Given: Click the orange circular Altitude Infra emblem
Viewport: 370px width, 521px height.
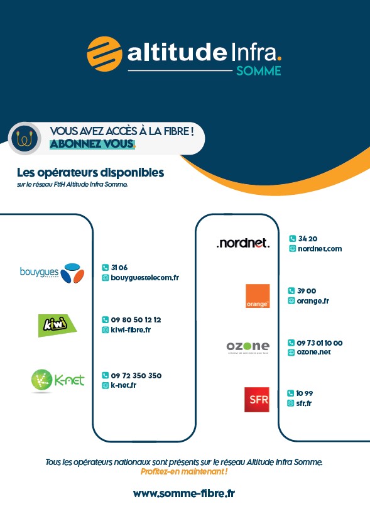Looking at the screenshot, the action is (x=104, y=54).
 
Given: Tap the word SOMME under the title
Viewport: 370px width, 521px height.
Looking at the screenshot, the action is (x=259, y=71).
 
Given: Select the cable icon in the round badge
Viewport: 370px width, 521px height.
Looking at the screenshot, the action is (x=24, y=138).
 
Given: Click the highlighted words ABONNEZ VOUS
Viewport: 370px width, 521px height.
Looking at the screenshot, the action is (x=92, y=144).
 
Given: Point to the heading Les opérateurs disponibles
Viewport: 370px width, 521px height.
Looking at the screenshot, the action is (x=90, y=172).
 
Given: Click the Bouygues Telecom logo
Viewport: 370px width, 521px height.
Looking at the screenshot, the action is (x=52, y=273).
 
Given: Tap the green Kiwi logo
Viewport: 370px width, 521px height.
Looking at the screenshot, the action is (x=57, y=326).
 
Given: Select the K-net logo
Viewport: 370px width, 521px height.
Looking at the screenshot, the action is (x=58, y=380).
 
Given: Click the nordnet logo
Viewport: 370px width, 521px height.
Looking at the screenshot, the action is (x=243, y=243).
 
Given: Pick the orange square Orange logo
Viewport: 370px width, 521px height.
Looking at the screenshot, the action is (x=258, y=296).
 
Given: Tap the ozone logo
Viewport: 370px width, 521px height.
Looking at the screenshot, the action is (x=248, y=347).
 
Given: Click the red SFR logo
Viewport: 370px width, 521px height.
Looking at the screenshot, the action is (x=257, y=399).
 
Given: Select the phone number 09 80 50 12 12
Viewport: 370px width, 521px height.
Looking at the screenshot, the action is (x=136, y=320).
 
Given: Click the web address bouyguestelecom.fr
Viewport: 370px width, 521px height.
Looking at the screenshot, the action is (x=145, y=277).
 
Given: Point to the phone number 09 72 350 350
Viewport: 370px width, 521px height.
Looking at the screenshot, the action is (x=136, y=375).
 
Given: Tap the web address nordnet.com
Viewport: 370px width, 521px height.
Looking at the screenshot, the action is (x=320, y=248).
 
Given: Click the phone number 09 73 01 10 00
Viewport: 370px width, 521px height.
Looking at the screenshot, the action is (x=320, y=343).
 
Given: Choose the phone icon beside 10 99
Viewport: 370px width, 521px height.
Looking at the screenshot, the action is (x=290, y=393).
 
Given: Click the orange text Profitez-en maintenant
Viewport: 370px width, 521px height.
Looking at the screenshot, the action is (x=184, y=471).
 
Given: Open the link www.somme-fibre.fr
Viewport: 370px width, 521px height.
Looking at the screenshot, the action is (x=184, y=493).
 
